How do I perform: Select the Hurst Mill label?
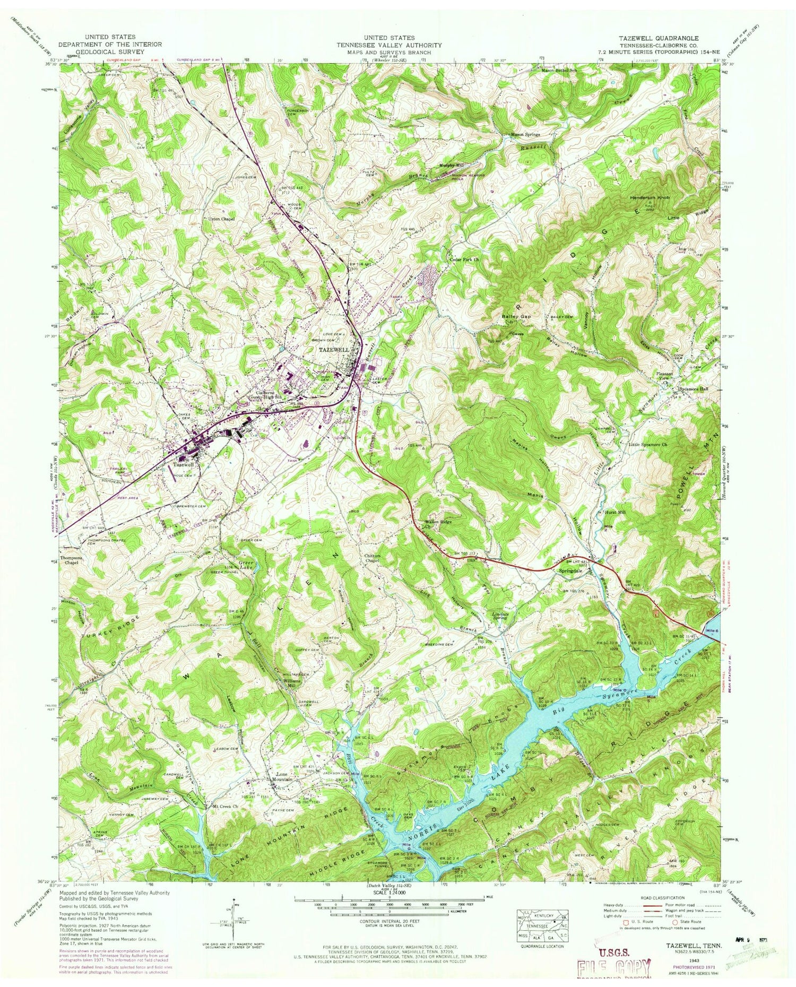616,513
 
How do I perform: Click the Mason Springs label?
525,135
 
